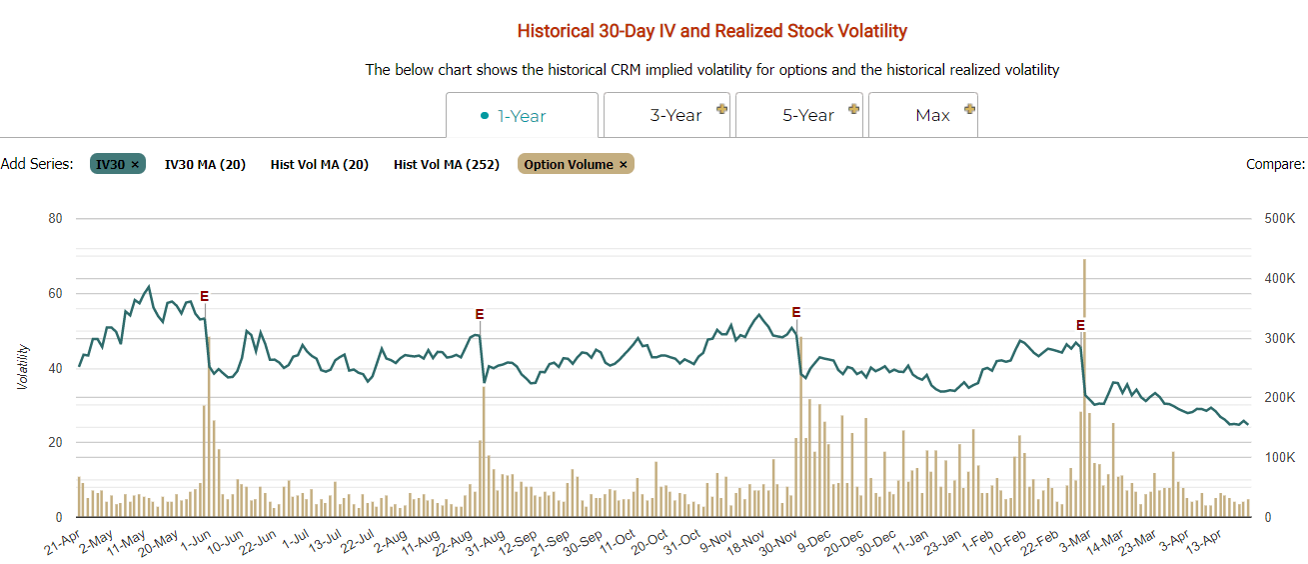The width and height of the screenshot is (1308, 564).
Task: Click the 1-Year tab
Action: [522, 116]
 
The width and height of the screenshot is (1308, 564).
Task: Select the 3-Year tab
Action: [667, 116]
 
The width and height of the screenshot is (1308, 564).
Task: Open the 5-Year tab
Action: [799, 116]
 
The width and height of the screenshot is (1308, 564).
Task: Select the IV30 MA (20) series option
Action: [205, 164]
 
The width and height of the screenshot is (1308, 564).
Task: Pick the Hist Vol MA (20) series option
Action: [319, 164]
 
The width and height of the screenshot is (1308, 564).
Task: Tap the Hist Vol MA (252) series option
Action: [446, 164]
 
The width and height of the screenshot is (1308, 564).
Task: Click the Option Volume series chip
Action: [576, 164]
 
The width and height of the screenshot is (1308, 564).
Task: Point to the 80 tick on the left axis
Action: [55, 219]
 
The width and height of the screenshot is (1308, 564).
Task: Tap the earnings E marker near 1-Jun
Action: [205, 296]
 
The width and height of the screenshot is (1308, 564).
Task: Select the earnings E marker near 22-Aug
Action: [480, 314]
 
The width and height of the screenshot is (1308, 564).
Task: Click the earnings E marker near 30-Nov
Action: [796, 312]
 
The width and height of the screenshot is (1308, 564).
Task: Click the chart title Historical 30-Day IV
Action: [711, 31]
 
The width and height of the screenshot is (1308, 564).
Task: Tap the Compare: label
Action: [1275, 164]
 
